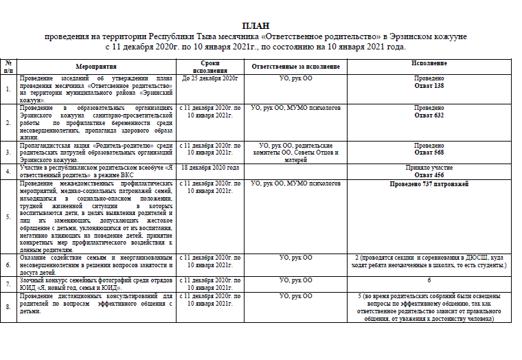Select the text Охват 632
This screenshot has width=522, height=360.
pyautogui.click(x=429, y=116)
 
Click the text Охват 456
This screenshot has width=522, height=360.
pyautogui.click(x=429, y=176)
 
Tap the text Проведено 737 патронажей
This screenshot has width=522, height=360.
pyautogui.click(x=429, y=185)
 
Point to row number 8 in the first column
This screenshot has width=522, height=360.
pyautogui.click(x=8, y=306)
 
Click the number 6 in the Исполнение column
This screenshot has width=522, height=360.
pyautogui.click(x=429, y=280)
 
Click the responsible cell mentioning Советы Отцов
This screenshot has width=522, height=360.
pyautogui.click(x=296, y=153)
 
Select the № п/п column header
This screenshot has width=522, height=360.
pyautogui.click(x=8, y=67)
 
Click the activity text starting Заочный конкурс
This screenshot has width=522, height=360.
pyautogui.click(x=96, y=284)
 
